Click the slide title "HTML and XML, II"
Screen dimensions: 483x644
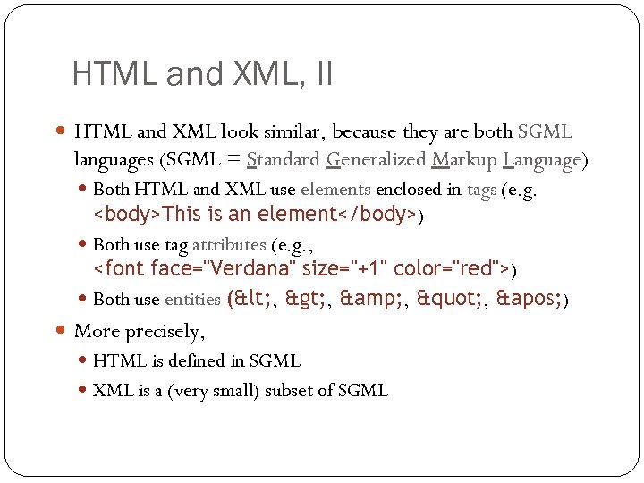pyautogui.click(x=202, y=73)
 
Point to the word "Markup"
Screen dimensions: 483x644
pyautogui.click(x=464, y=160)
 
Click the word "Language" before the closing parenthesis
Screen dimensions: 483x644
pyautogui.click(x=542, y=160)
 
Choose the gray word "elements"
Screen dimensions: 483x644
pyautogui.click(x=335, y=189)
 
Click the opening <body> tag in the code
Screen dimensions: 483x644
pyautogui.click(x=128, y=215)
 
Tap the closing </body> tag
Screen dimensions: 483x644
pyautogui.click(x=381, y=215)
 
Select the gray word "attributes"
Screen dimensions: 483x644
pyautogui.click(x=229, y=244)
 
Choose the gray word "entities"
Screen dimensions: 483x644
pyautogui.click(x=193, y=299)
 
